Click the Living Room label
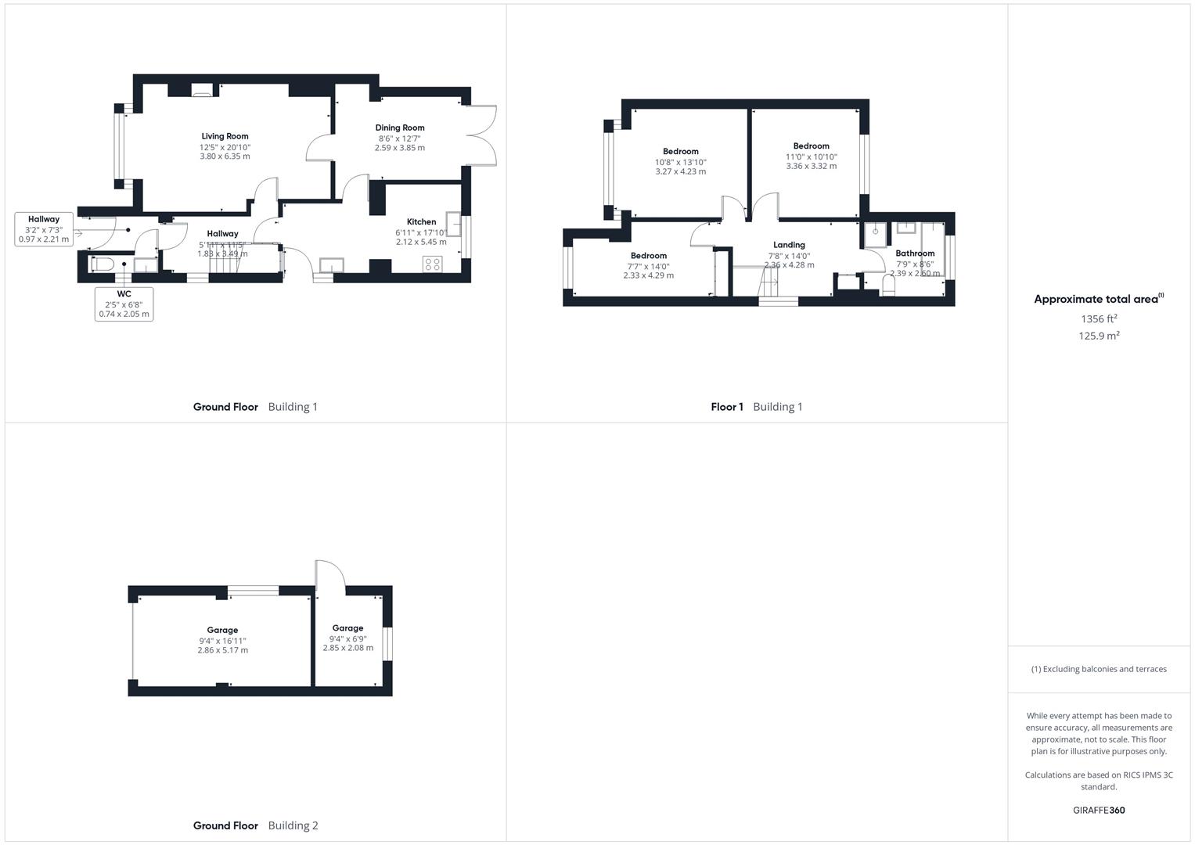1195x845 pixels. coord(225,136)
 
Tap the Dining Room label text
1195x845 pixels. coord(399,128)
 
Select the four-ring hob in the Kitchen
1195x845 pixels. coord(432,264)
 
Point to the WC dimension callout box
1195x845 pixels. coord(124,304)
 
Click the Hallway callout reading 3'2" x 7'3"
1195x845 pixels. coord(44,229)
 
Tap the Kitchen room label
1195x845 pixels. coord(421,221)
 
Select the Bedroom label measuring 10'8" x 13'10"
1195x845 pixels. coord(680,152)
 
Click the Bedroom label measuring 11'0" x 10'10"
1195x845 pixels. coord(811,146)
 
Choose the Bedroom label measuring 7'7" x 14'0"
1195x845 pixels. coord(648,256)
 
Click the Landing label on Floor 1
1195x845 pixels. coord(789,245)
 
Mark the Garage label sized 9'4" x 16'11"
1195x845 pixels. coord(222,630)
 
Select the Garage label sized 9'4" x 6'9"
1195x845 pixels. coord(347,628)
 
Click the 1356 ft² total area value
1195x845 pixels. coord(1099,318)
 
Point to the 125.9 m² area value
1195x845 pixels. coord(1099,336)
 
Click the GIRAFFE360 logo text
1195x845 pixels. coord(1099,810)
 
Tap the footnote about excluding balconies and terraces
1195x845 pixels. coord(1099,669)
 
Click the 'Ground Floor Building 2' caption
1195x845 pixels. coord(255,825)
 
